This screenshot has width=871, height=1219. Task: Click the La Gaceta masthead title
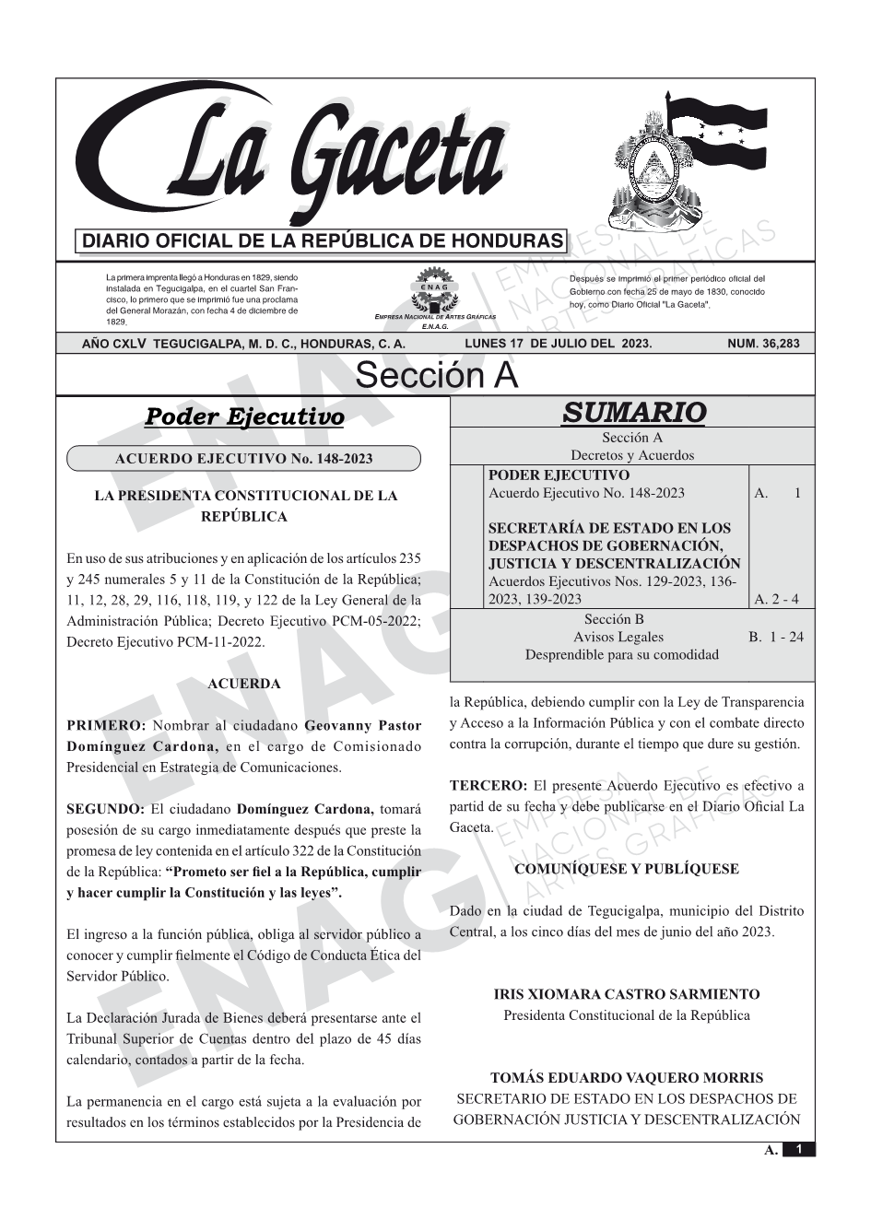[313, 157]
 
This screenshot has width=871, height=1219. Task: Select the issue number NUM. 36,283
[763, 344]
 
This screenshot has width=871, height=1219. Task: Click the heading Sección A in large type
[436, 376]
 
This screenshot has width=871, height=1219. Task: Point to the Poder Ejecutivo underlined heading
[244, 417]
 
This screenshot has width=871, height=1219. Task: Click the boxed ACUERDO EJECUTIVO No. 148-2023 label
[243, 459]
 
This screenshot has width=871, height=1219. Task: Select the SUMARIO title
[633, 413]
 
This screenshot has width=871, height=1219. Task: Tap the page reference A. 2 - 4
[776, 600]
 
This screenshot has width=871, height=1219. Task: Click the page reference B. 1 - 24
[776, 637]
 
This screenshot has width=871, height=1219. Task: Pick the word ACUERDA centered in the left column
[244, 684]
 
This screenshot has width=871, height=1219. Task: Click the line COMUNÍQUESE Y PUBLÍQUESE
[627, 869]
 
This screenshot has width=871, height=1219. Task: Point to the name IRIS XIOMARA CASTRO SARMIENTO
[627, 994]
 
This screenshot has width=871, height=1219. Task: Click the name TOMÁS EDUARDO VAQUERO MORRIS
[627, 1077]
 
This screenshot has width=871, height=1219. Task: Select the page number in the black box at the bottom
[799, 1149]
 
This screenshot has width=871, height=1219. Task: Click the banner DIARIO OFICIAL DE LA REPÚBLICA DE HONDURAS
[323, 241]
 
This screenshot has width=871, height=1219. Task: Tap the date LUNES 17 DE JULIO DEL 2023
[559, 344]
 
